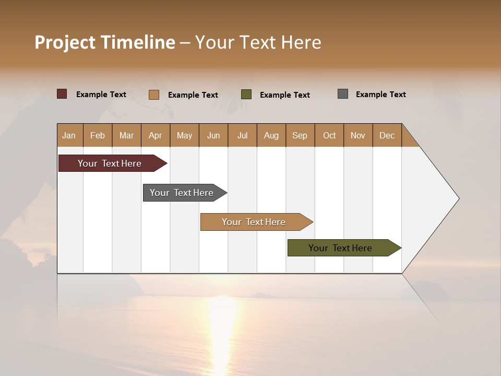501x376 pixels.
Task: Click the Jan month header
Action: pos(69,135)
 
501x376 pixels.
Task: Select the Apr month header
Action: pos(155,135)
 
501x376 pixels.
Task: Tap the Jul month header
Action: pos(242,135)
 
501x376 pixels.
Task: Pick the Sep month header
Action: pos(300,135)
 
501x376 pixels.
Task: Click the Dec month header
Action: pos(387,135)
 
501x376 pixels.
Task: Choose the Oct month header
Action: pos(329,135)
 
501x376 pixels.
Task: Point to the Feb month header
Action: pos(98,135)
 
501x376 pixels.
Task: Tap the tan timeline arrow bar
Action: pos(254,222)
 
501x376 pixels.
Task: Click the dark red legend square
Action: pos(62,94)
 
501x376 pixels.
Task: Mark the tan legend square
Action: pos(153,95)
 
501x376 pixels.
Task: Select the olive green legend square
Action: pos(246,94)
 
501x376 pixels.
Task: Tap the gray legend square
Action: pos(343,94)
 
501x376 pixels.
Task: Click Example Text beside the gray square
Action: pos(380,95)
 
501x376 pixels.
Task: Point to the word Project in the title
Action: pos(64,42)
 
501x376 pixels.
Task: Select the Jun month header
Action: pos(213,135)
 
